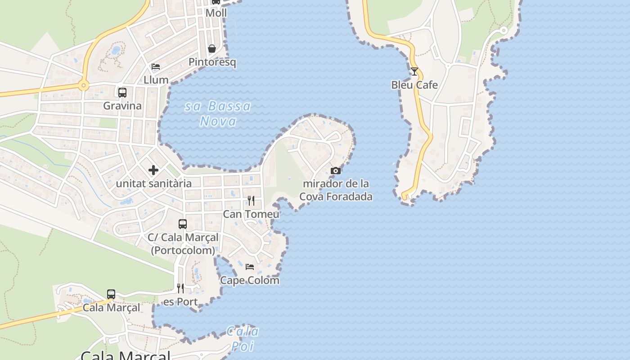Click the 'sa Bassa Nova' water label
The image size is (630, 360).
(x=218, y=114)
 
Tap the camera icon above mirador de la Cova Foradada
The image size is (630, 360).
(x=335, y=171)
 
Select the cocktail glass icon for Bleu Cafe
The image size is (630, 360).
(x=414, y=72)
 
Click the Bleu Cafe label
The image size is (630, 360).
(x=414, y=85)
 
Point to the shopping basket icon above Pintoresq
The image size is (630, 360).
(x=212, y=49)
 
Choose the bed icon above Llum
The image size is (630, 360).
(x=156, y=67)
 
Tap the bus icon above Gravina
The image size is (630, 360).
(x=122, y=93)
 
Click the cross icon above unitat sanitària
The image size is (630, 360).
(x=153, y=170)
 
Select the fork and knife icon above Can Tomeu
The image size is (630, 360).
(x=251, y=200)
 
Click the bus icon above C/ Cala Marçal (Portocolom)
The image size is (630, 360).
(x=183, y=224)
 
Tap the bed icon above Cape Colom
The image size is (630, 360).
(x=250, y=267)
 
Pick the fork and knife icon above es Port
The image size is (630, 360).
(x=180, y=288)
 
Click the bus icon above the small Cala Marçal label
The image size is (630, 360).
(x=111, y=294)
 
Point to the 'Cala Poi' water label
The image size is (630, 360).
(x=243, y=339)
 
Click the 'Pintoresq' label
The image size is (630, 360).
(x=212, y=62)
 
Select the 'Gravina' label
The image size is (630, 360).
(x=122, y=106)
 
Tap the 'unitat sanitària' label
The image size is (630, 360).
(x=154, y=184)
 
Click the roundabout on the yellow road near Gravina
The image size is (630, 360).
(x=83, y=85)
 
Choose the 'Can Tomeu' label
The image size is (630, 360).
(x=251, y=214)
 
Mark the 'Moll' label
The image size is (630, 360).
(x=216, y=13)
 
